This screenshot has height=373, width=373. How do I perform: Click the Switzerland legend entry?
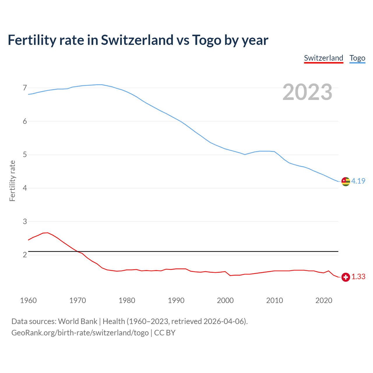point(323,58)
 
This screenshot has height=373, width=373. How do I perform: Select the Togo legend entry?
point(357,58)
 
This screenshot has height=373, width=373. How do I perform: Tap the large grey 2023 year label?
point(307,92)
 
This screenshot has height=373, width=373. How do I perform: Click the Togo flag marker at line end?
point(346,181)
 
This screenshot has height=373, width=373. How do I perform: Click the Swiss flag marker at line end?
point(346,277)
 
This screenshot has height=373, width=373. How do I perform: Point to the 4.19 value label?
point(358,181)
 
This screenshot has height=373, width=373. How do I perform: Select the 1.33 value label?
point(358,277)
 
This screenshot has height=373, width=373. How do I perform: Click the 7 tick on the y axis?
point(25,88)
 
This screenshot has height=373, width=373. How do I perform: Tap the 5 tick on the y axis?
point(25,155)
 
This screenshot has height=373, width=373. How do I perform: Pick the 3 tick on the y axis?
point(25,221)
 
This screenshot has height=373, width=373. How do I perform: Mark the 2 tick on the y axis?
point(25,255)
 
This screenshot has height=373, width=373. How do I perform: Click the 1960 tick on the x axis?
point(28,300)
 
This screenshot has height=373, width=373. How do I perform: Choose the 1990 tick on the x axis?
point(176,300)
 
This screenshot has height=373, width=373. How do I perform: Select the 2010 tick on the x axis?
point(275,300)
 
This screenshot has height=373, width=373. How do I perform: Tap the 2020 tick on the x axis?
point(324,300)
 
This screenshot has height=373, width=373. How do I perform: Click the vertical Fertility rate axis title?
point(12,181)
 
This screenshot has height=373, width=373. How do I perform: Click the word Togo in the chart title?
point(207,40)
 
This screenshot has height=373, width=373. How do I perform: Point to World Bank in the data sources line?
point(78,321)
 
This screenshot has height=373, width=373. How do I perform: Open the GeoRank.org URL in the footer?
point(80,333)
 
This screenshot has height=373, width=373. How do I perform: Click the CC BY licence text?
point(165,333)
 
